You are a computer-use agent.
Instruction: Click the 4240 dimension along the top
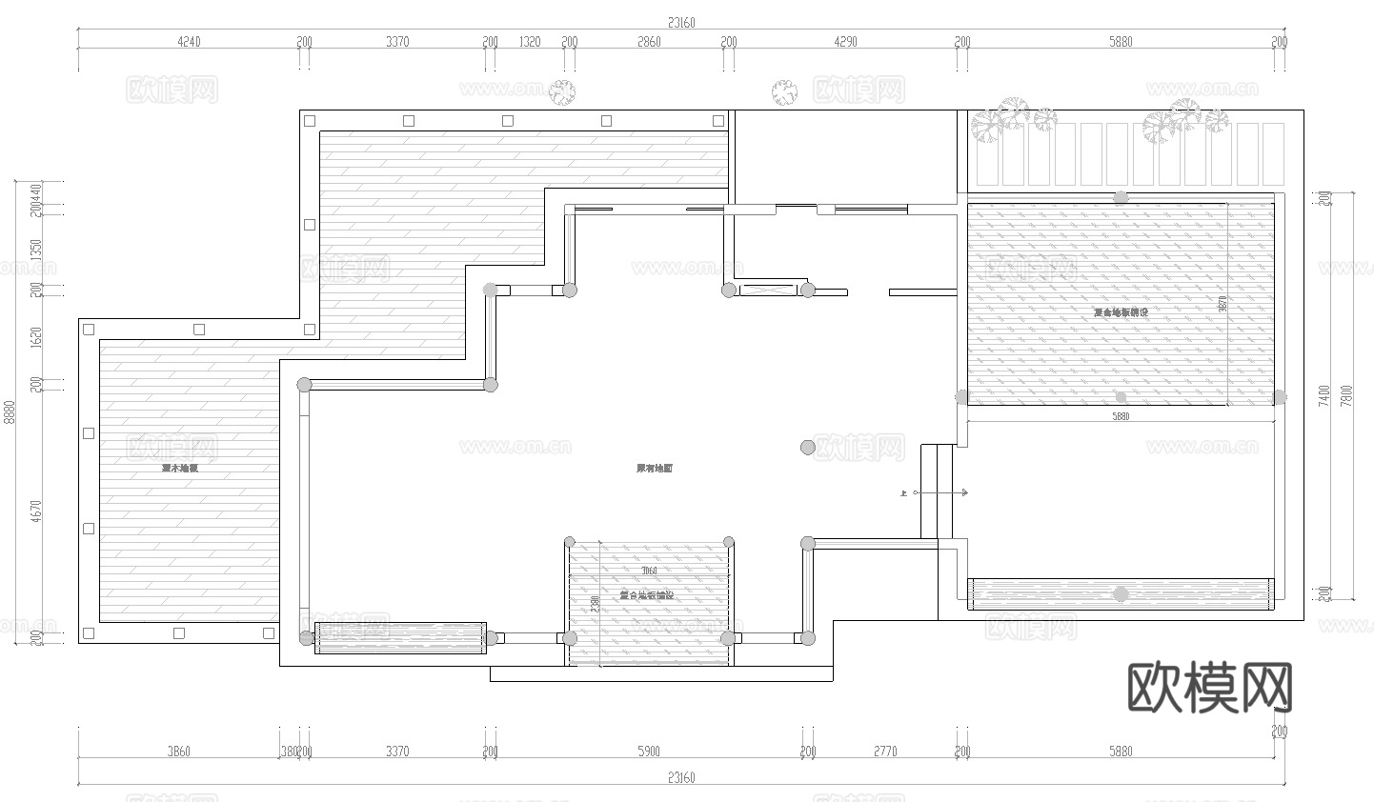coord(189,42)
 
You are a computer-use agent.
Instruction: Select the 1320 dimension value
coord(529,42)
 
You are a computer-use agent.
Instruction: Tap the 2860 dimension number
coord(648,42)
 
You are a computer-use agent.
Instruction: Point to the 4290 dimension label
coord(845,42)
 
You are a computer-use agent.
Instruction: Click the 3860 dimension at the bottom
coord(178,752)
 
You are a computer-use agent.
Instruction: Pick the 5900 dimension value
coord(648,752)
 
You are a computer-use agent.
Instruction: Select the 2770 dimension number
coord(884,752)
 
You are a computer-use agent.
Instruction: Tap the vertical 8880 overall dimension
coord(10,411)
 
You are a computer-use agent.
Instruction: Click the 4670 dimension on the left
coord(36,511)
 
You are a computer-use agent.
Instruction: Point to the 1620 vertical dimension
coord(36,336)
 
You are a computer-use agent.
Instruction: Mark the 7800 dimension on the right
coord(1345,395)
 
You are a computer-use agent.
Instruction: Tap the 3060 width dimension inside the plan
coord(649,571)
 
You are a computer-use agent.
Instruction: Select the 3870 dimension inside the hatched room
coord(1222,304)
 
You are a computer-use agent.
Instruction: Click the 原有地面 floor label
coord(655,469)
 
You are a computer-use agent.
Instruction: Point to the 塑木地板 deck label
coord(179,469)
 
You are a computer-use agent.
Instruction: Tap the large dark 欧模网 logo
coord(1209,687)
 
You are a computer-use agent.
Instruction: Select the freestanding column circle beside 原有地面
coord(808,447)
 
